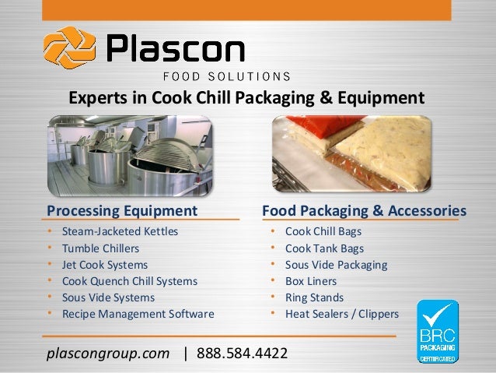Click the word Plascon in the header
175,50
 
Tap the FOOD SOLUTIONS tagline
225,76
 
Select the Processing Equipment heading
122,210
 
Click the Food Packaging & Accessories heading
365,210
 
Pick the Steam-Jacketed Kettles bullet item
120,231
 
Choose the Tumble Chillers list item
100,248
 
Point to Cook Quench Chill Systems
129,281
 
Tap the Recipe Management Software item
138,315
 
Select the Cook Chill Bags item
323,231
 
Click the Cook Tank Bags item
324,248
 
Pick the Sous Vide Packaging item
336,265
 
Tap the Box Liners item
311,281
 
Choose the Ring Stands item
314,297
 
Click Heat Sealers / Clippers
342,315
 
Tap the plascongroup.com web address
108,354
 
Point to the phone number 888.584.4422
242,354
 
